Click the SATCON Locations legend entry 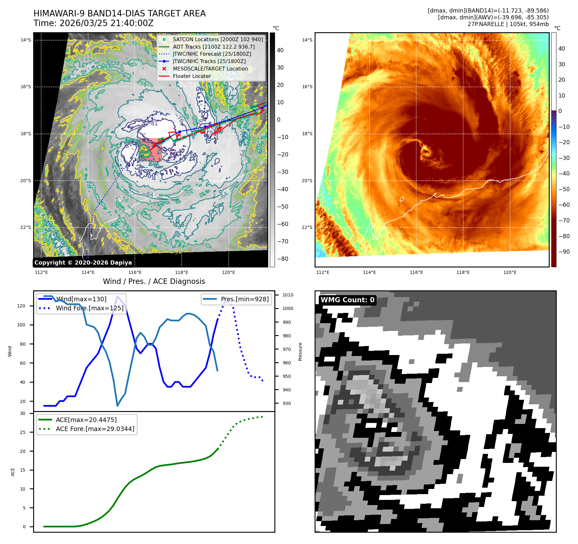(218, 39)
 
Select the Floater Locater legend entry (192, 76)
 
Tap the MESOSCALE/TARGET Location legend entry (210, 69)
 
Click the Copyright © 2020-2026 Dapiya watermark (83, 263)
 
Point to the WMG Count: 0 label (347, 300)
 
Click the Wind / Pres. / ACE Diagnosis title (154, 281)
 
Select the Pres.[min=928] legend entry (244, 299)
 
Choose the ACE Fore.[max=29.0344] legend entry (95, 429)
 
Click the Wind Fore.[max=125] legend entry (89, 308)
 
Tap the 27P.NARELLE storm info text (508, 24)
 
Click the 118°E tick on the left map (181, 273)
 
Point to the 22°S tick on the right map (307, 227)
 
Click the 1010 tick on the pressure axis (288, 295)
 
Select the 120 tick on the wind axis (21, 306)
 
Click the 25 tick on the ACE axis (23, 432)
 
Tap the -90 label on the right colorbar (564, 252)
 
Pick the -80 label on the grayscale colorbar (282, 259)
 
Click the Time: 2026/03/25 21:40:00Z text (93, 23)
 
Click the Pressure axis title (300, 352)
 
